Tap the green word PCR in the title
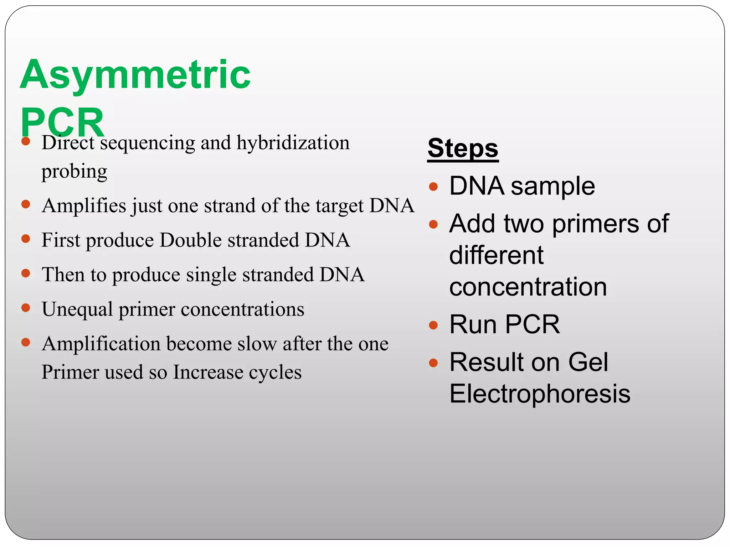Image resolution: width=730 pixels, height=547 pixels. [x=62, y=122]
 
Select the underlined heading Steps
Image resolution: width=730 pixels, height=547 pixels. [x=463, y=149]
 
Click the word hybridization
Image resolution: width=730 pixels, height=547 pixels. [x=293, y=143]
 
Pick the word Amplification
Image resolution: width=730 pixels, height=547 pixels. [x=101, y=344]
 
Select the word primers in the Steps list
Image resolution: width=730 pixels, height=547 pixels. [x=596, y=224]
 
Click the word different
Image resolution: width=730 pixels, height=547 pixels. [x=496, y=256]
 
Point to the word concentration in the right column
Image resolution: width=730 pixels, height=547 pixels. [x=528, y=287]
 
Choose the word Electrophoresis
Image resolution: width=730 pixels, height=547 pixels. [x=540, y=394]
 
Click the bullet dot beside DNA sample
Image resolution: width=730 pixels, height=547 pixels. [x=433, y=187]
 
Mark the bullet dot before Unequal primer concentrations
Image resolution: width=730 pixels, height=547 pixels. [x=26, y=308]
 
